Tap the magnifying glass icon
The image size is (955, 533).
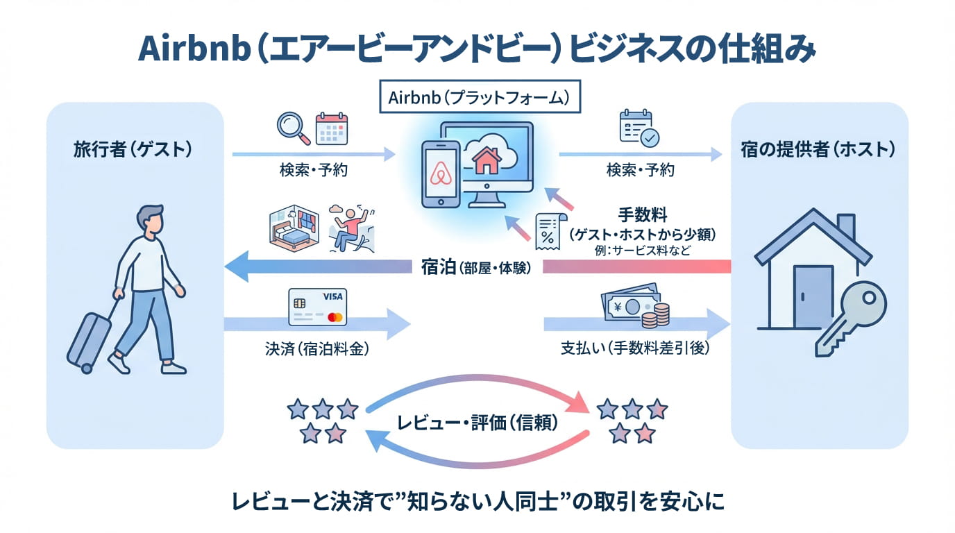(291, 128)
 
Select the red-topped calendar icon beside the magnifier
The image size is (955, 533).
(331, 128)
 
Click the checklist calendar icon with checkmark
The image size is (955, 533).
(637, 128)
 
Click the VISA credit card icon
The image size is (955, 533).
(316, 308)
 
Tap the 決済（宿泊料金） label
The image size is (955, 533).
(316, 349)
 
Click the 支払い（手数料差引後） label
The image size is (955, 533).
(636, 349)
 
